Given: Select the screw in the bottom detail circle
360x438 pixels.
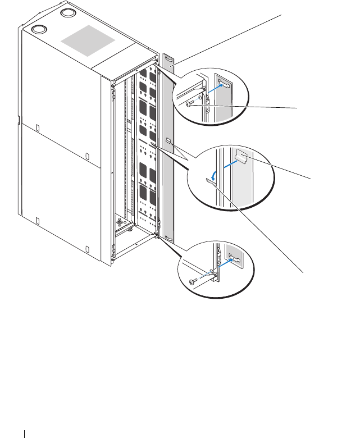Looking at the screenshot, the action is tap(194, 280).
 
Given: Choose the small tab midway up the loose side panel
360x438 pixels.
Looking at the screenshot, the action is tap(167, 138).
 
